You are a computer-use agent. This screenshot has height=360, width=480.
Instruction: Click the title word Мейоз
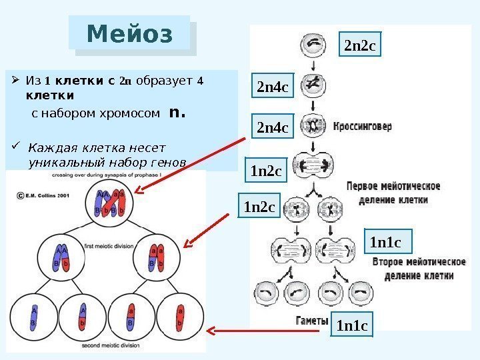[129, 33]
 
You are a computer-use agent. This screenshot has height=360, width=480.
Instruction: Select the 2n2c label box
[360, 46]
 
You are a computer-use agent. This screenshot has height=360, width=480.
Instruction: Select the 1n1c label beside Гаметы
[352, 326]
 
